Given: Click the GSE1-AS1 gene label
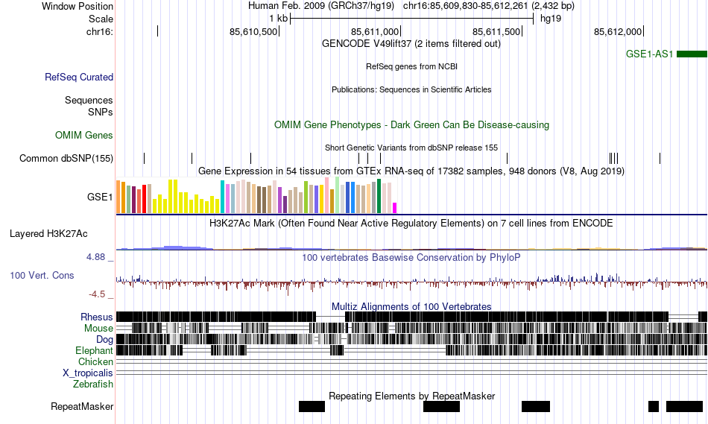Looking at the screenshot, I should (650, 54).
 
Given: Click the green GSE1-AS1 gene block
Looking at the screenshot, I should (692, 54).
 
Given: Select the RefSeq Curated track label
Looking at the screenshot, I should (79, 77).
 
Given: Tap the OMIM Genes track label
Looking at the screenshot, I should (84, 135).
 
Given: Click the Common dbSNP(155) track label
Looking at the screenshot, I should (66, 158).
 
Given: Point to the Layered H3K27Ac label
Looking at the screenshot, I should (48, 233).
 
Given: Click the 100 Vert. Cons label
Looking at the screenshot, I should (42, 275).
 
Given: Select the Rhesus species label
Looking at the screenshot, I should (97, 317).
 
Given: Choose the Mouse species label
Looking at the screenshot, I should (99, 328).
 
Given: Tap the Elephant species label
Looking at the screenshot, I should (94, 350).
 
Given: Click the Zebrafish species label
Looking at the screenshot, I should (93, 384).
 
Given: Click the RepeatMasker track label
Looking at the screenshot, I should (82, 406).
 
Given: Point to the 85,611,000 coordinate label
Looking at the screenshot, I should (376, 31).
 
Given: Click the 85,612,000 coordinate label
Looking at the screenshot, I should (618, 31).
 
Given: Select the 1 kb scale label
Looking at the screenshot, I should (278, 18).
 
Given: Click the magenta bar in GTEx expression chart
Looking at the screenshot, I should (395, 207).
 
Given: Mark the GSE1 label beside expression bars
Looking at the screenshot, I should (100, 197).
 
